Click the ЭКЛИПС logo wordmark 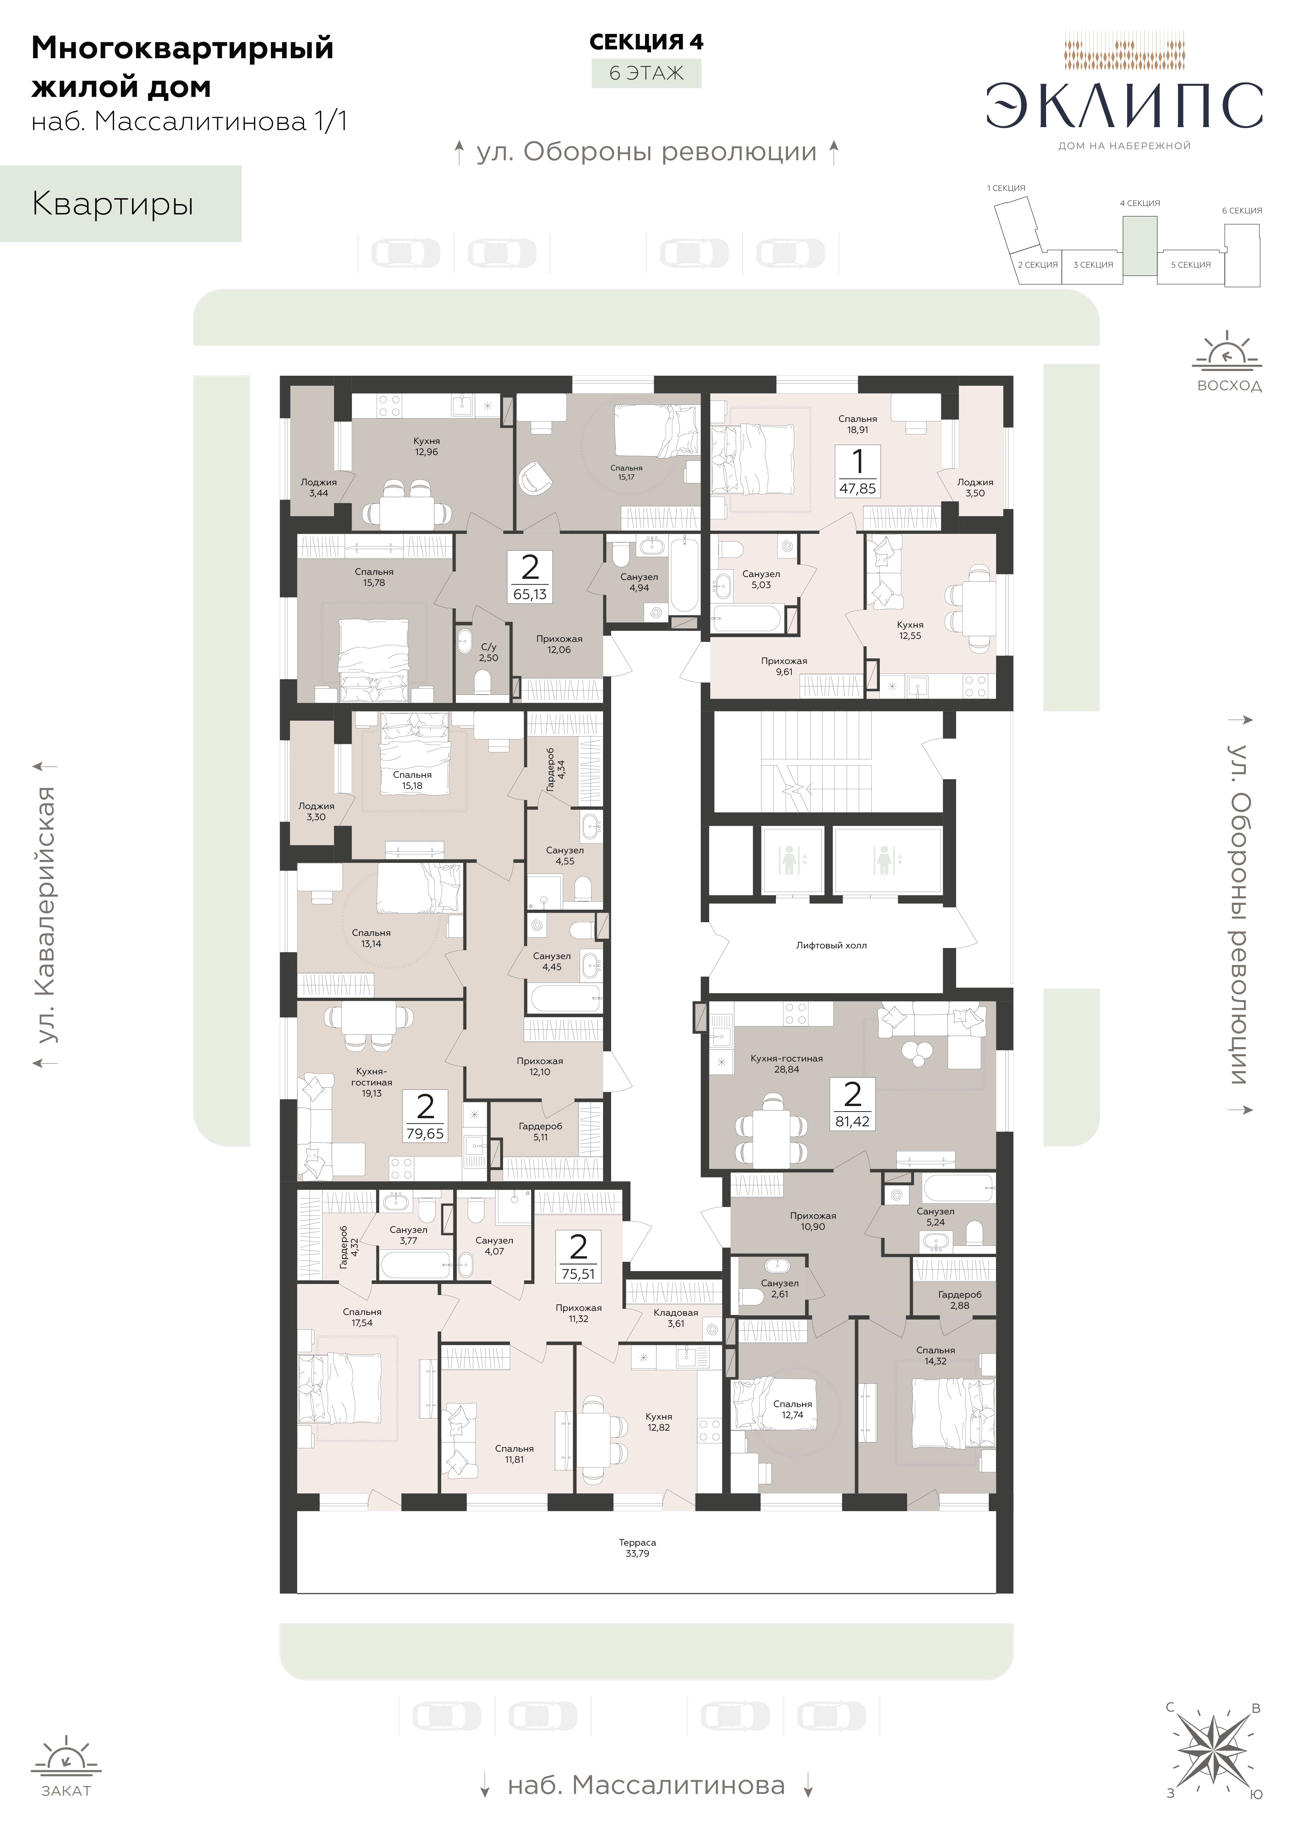coord(1124,106)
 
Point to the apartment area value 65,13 coord(530,594)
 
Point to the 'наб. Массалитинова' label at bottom coord(646,1785)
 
